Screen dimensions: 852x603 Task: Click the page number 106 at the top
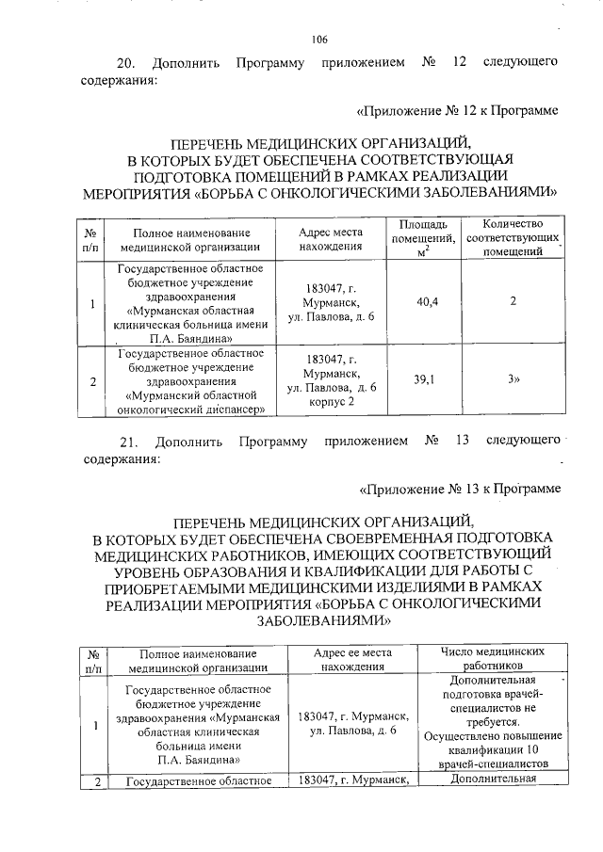318,39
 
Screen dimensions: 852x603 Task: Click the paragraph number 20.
126,63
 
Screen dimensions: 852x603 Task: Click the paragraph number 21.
126,441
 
